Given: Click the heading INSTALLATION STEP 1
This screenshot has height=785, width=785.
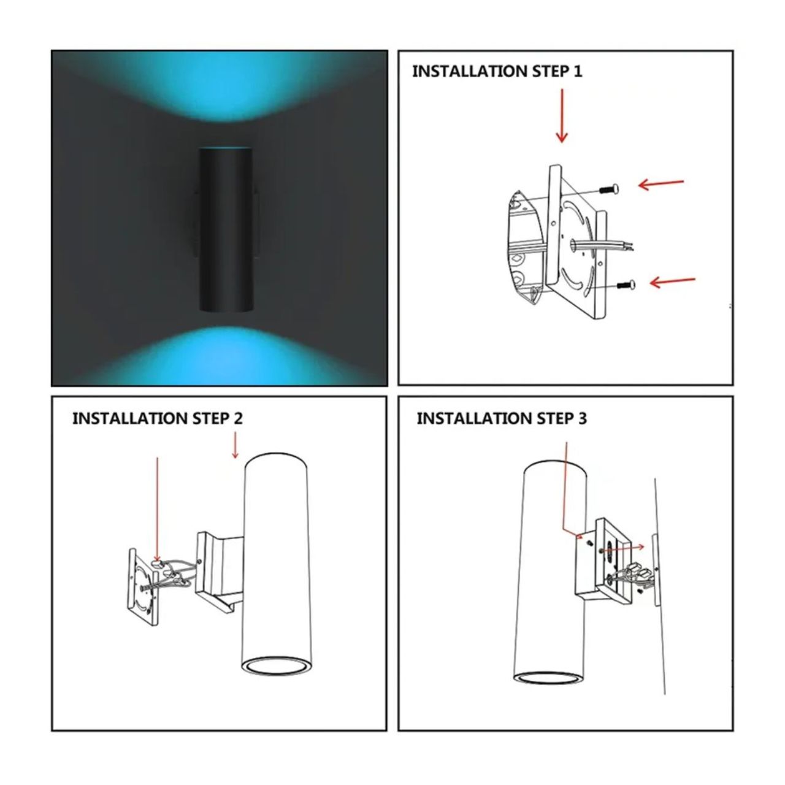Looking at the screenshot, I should point(497,72).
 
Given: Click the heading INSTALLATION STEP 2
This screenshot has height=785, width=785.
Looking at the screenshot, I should point(157,418).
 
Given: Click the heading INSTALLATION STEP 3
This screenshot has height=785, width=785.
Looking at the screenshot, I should point(501,418).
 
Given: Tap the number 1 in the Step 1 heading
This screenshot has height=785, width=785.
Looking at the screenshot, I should point(577,72).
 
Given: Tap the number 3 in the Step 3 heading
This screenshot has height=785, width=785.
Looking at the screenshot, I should point(582,418).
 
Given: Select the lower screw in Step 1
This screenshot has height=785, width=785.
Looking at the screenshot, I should point(624,284).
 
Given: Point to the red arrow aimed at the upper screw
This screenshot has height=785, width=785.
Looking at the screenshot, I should point(661,183).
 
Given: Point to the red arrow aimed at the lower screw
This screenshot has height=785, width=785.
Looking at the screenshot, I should point(672,281).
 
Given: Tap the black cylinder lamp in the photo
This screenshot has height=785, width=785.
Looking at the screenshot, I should point(226,230).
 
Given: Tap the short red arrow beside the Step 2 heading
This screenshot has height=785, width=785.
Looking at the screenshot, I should point(235,445).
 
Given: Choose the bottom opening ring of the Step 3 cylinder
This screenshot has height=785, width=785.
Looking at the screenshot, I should point(547,677).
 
